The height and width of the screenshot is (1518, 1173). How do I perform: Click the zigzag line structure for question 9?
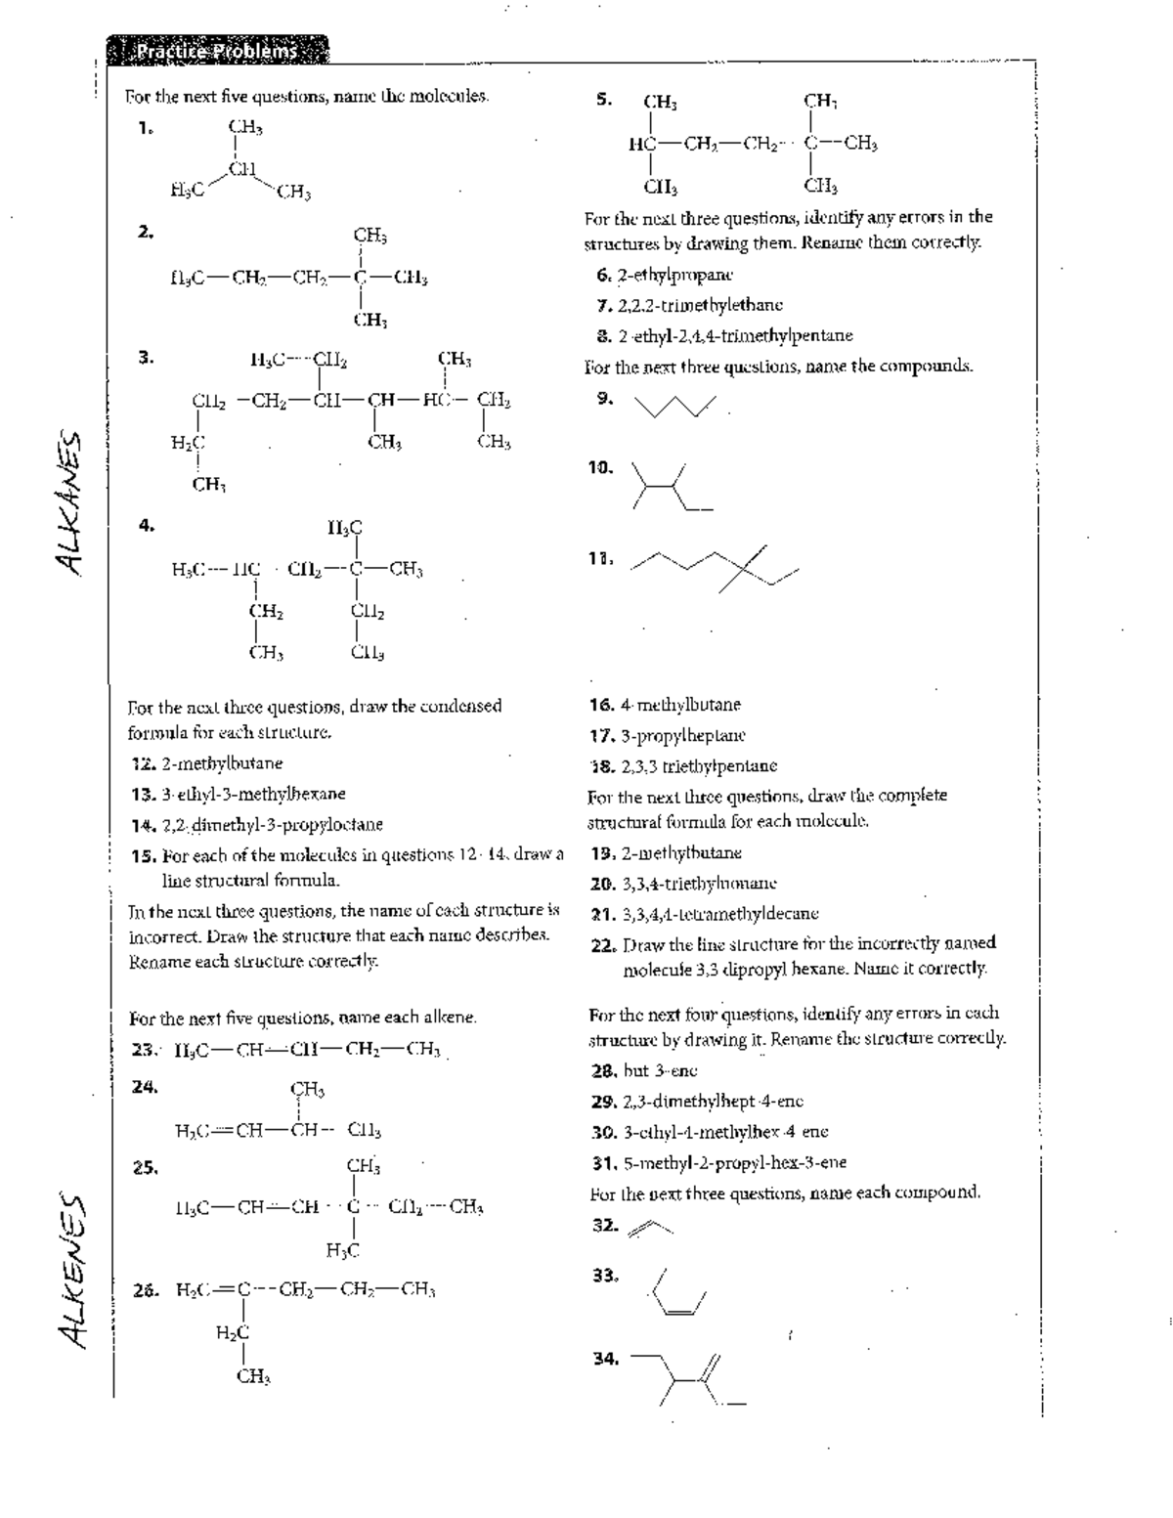(675, 405)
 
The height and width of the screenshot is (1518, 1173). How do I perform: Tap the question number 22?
(602, 944)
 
